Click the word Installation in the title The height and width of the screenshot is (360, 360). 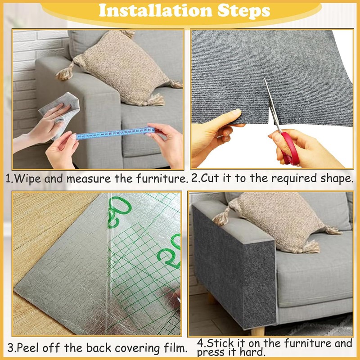pyautogui.click(x=155, y=11)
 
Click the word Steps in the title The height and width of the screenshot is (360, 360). pyautogui.click(x=243, y=11)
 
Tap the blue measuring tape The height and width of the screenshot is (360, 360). pyautogui.click(x=115, y=133)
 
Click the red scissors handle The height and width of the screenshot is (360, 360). pyautogui.click(x=291, y=148)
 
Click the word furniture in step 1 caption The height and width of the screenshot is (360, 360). pyautogui.click(x=162, y=178)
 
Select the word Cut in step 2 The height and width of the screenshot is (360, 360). pyautogui.click(x=211, y=178)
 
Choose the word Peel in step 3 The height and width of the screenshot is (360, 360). pyautogui.click(x=27, y=348)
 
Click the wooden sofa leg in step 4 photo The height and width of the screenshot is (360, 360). pyautogui.click(x=257, y=331)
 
